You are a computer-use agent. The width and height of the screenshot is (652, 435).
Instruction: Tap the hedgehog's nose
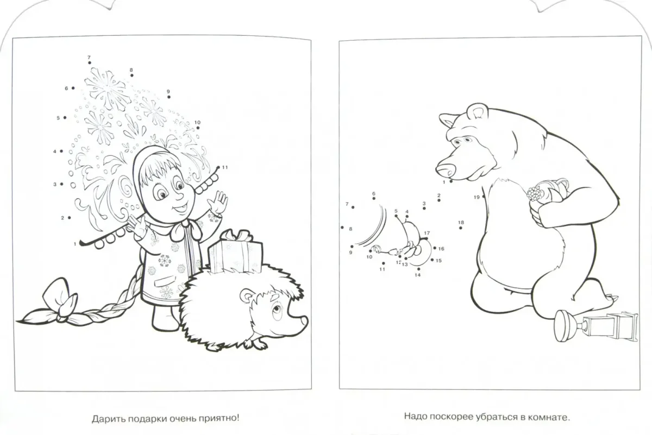pyautogui.click(x=304, y=320)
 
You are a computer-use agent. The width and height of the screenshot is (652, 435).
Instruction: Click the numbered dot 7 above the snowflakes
pyautogui.click(x=89, y=63)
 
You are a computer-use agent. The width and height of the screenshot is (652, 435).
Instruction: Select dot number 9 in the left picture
pyautogui.click(x=169, y=97)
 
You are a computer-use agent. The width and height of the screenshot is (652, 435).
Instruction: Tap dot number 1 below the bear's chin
pyautogui.click(x=451, y=181)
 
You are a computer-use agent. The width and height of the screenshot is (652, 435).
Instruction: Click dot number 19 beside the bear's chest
pyautogui.click(x=484, y=197)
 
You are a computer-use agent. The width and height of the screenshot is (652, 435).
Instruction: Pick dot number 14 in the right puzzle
pyautogui.click(x=418, y=269)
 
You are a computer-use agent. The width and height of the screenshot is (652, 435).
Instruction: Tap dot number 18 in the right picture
pyautogui.click(x=461, y=228)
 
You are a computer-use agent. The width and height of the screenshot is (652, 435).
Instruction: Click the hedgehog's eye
pyautogui.click(x=277, y=309)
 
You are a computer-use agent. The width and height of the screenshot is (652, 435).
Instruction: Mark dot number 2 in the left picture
pyautogui.click(x=70, y=218)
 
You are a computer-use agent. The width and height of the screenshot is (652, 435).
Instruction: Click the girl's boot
pyautogui.click(x=165, y=318)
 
